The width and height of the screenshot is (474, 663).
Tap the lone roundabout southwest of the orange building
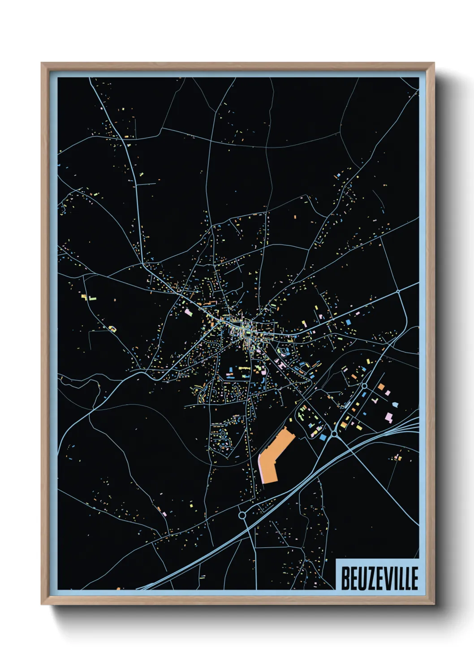[242, 515]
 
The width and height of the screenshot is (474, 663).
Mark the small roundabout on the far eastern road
[398, 292]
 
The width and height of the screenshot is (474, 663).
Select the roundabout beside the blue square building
[334, 434]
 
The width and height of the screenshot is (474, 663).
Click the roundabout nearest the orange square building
[365, 385]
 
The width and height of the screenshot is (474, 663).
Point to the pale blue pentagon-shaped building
[395, 404]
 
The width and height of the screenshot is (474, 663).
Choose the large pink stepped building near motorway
[388, 418]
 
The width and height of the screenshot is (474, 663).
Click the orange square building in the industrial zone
[381, 387]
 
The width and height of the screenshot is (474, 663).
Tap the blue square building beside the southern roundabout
[323, 436]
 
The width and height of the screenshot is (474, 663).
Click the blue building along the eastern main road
[348, 322]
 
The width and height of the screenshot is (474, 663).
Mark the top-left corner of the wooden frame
[42, 63]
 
